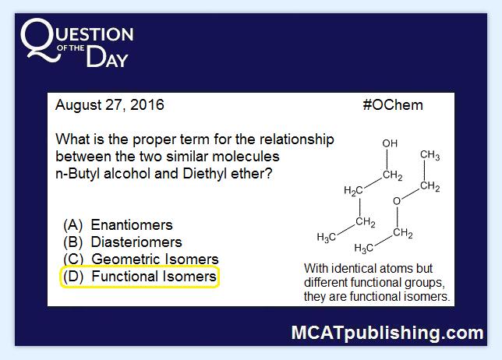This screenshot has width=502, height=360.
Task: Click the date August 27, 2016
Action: click(110, 105)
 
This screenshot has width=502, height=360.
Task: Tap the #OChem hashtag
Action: click(393, 105)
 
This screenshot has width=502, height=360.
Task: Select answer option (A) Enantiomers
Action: click(118, 225)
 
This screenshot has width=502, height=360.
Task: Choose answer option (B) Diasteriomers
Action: click(122, 242)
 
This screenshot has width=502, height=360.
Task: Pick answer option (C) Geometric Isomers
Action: click(141, 259)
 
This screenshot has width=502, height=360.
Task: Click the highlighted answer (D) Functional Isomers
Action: click(140, 277)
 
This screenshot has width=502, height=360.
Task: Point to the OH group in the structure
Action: click(390, 143)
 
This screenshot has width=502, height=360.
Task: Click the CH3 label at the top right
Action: click(430, 155)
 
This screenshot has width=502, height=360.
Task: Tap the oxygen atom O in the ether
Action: click(397, 201)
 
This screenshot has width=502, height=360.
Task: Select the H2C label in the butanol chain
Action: click(353, 191)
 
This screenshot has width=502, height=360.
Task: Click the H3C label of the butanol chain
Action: click(327, 238)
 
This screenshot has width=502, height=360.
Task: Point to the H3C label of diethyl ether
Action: click(364, 248)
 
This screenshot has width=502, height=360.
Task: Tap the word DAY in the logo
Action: click(108, 57)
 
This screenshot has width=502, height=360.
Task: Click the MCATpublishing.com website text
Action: click(387, 333)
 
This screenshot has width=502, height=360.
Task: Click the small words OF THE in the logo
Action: click(70, 48)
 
